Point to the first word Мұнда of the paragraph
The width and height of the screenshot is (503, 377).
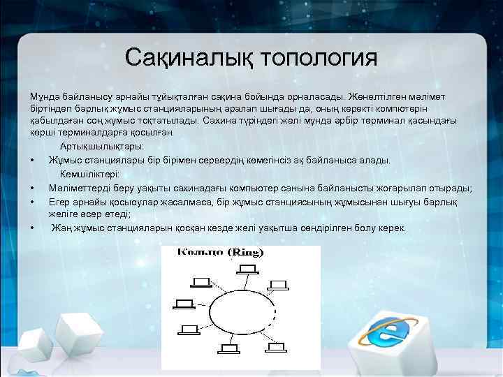(44, 94)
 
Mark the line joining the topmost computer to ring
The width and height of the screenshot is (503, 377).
(247, 280)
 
